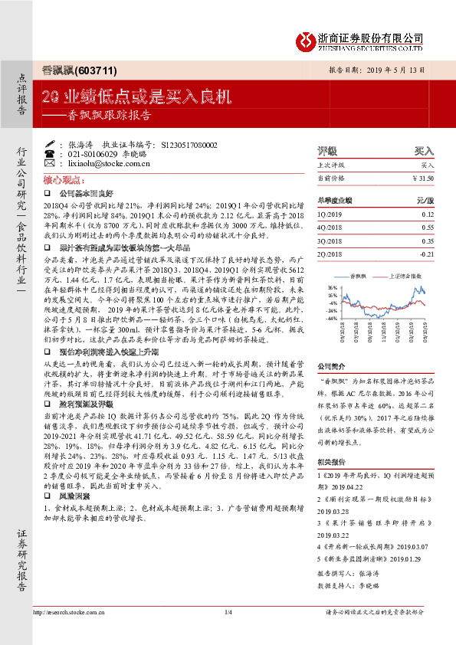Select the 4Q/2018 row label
[x=330, y=228]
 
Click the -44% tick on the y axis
[x=331, y=317]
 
